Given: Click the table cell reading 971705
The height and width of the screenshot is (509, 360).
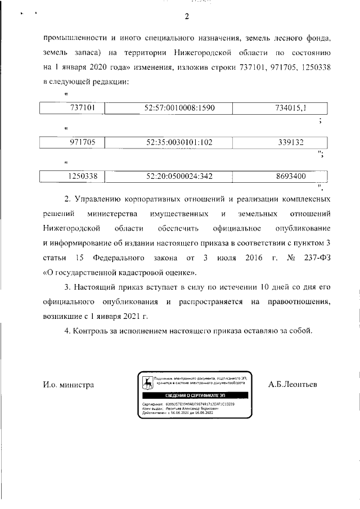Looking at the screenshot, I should click(74, 142).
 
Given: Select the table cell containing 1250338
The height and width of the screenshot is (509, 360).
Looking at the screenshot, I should click(74, 176).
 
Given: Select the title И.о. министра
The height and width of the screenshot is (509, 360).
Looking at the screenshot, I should click(68, 385).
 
